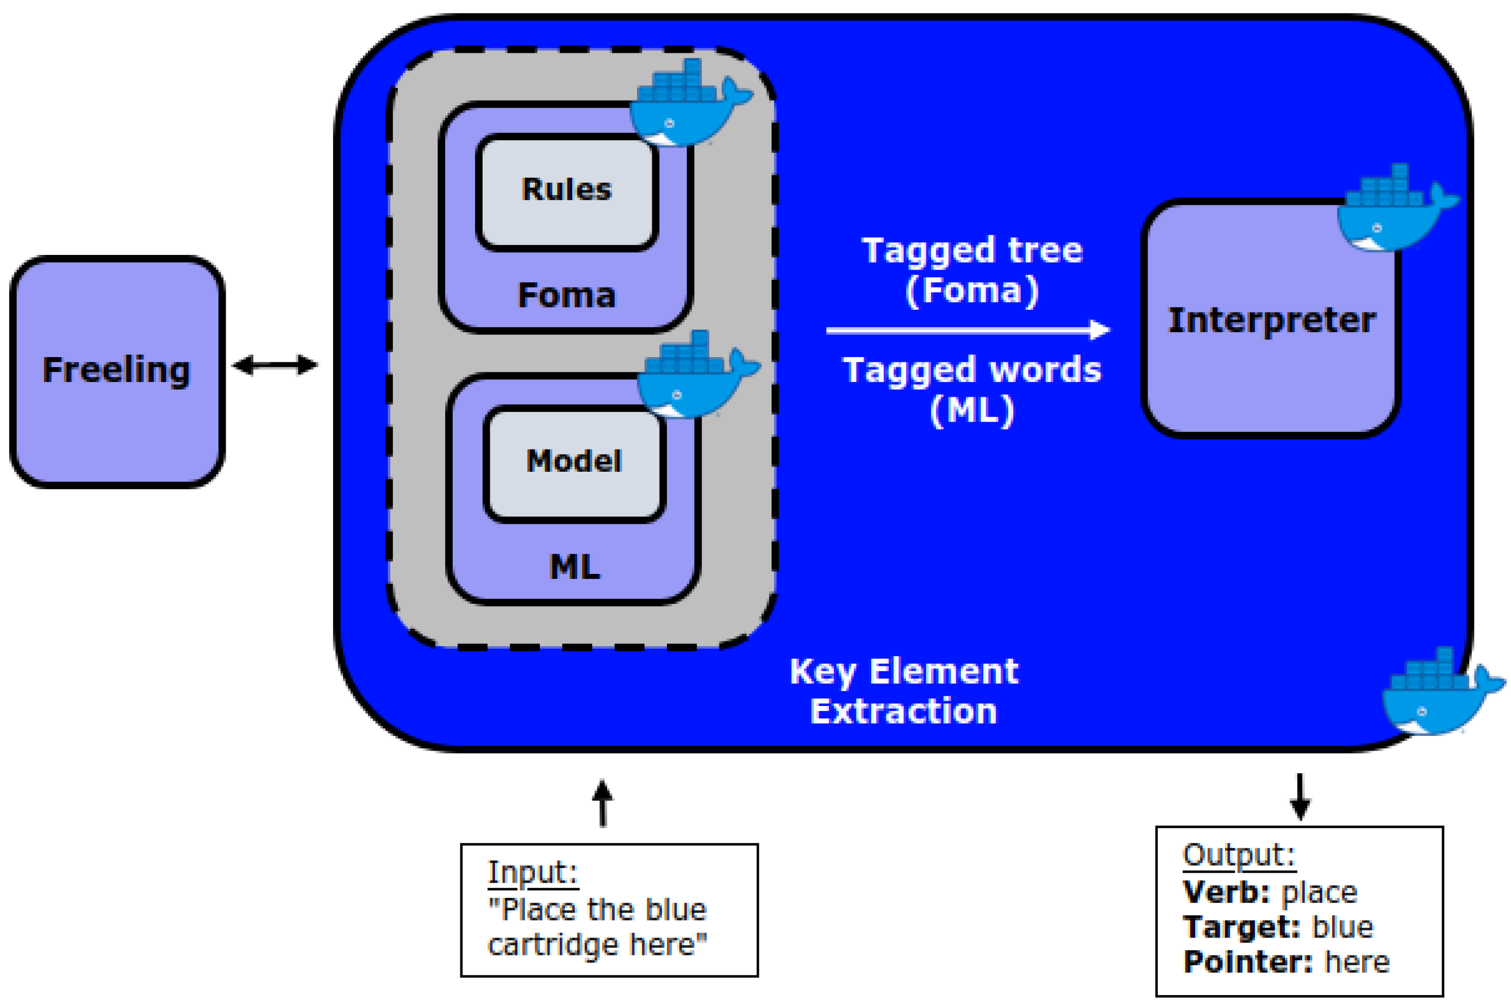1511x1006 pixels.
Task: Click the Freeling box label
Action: click(x=117, y=370)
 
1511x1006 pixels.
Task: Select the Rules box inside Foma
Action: click(x=566, y=191)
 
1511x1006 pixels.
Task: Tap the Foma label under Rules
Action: click(x=566, y=296)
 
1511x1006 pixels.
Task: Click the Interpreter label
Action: click(x=1271, y=320)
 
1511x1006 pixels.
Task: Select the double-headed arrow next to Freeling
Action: click(x=274, y=366)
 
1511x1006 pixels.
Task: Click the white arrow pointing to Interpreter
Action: click(x=967, y=330)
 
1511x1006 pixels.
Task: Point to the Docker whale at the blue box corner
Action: click(x=1440, y=693)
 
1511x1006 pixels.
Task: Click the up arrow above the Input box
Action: click(x=602, y=803)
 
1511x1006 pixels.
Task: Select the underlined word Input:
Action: click(x=533, y=872)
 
